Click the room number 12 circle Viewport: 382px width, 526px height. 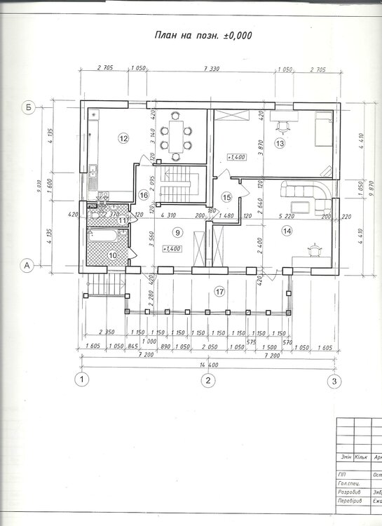(123, 138)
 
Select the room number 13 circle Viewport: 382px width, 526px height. (280, 144)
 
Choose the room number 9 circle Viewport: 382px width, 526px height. (178, 232)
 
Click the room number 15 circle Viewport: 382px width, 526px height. (226, 198)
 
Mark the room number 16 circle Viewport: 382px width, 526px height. (143, 195)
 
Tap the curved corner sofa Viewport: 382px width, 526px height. (306, 196)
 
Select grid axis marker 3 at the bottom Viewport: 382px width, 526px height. (335, 381)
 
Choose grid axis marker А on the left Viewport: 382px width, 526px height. (27, 265)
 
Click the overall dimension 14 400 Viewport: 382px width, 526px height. (208, 365)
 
